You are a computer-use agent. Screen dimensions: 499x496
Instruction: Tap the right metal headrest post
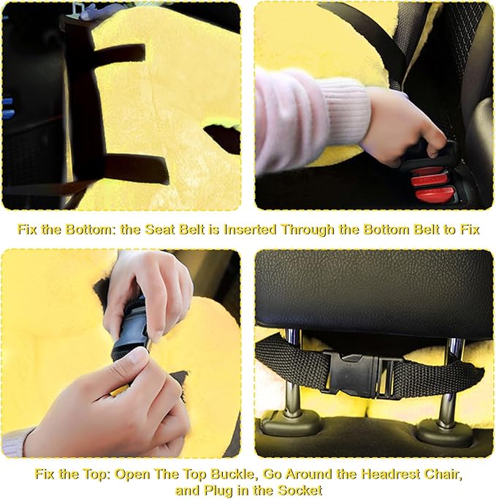click(x=453, y=380)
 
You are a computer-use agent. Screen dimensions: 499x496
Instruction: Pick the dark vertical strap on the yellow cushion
click(x=82, y=102)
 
